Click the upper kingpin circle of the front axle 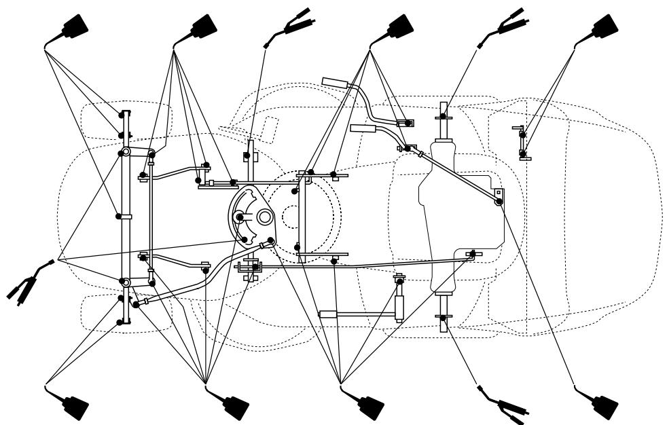coord(125,152)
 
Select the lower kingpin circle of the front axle coord(125,281)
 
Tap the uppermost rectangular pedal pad coord(335,82)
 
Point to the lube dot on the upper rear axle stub coord(443,117)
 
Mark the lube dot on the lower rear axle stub coord(443,317)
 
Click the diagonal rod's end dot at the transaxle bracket coord(499,201)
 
